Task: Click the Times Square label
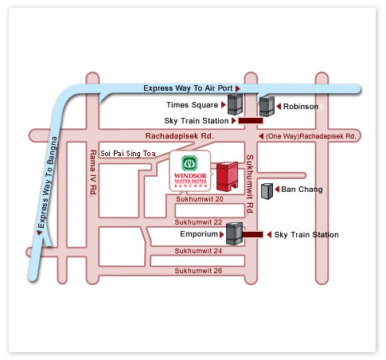click(x=191, y=104)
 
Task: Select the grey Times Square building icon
click(x=235, y=103)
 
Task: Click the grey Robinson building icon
click(x=267, y=105)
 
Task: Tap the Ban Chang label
click(x=298, y=190)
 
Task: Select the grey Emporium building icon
click(x=234, y=233)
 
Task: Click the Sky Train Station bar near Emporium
click(x=253, y=235)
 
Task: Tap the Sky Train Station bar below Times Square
click(x=251, y=121)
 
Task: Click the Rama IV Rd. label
click(x=94, y=171)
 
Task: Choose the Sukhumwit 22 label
click(x=198, y=221)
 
